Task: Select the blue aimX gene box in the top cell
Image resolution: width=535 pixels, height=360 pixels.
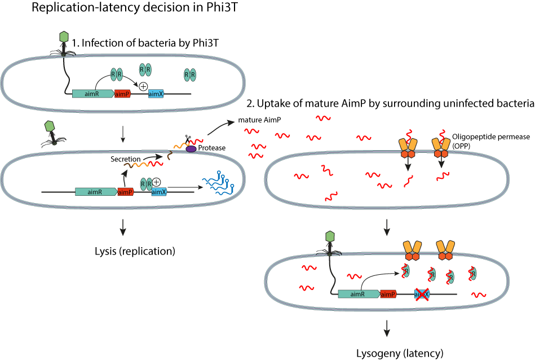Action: coord(156,94)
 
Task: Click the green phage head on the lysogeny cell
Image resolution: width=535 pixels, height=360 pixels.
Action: coord(330,236)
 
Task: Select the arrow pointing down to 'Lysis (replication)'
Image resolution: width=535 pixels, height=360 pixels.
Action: coord(123,225)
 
